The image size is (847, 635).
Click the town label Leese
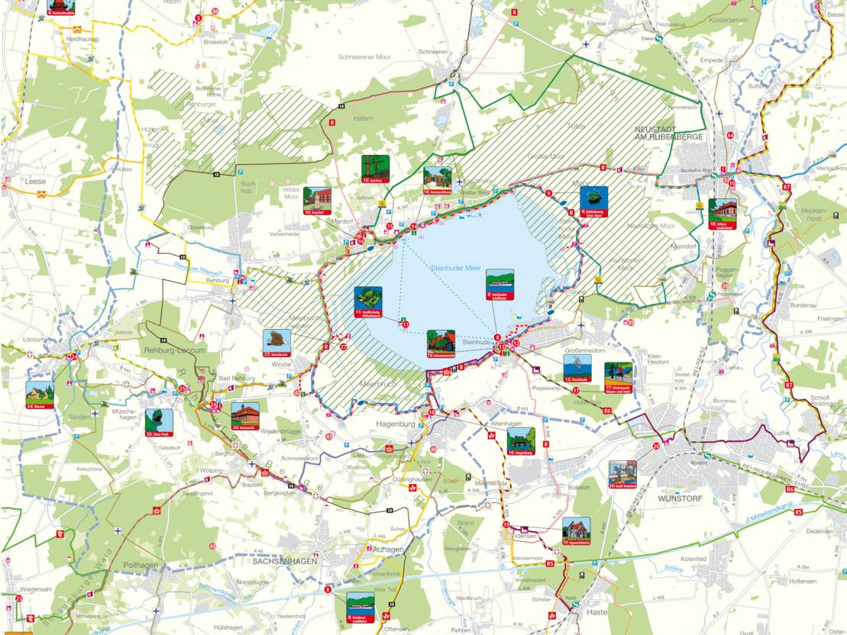[x=35, y=182]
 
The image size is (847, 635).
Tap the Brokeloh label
[x=216, y=43]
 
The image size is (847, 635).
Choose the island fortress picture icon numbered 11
[x=368, y=301]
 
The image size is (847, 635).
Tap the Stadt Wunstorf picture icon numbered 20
[x=622, y=474]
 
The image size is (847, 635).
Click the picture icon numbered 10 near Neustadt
[x=722, y=213]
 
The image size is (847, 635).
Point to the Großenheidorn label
[x=584, y=351]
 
